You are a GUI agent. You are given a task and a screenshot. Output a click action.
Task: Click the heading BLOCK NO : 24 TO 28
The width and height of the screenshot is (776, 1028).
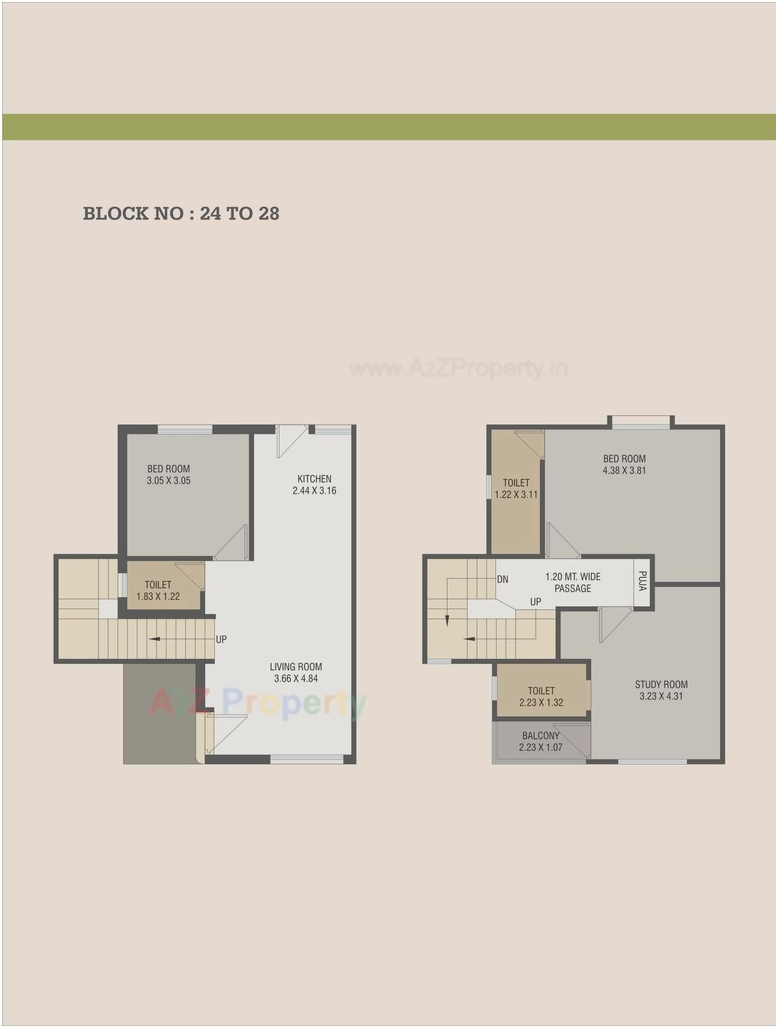(x=181, y=214)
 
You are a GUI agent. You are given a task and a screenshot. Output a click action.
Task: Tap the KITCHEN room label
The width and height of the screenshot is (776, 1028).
(x=314, y=479)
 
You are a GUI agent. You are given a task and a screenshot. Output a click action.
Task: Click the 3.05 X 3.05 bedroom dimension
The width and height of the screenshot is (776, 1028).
(x=169, y=481)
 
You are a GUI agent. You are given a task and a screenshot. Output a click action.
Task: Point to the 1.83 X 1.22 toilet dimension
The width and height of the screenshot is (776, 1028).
(x=158, y=597)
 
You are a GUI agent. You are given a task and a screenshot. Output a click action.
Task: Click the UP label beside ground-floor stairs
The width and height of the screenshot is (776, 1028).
(x=221, y=640)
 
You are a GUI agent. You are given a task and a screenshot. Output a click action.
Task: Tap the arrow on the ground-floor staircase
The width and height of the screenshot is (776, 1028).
(x=154, y=639)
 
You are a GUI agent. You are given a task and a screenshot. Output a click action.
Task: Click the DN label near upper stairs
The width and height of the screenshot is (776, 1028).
(x=502, y=580)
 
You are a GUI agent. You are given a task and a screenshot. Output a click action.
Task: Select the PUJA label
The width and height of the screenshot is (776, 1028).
(x=642, y=581)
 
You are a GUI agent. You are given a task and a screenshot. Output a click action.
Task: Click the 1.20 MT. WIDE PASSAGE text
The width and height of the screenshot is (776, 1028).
(x=573, y=583)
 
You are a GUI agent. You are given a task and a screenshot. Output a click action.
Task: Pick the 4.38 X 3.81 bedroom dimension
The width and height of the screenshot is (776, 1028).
(x=624, y=470)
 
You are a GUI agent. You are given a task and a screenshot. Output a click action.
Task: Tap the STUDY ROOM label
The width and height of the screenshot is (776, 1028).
(x=661, y=685)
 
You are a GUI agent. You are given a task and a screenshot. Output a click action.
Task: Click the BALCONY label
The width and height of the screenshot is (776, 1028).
(x=540, y=736)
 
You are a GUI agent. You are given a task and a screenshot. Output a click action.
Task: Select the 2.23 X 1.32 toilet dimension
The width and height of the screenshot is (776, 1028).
(x=541, y=703)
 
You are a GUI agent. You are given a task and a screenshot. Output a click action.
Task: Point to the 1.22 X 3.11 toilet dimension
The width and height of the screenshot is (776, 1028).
(x=516, y=495)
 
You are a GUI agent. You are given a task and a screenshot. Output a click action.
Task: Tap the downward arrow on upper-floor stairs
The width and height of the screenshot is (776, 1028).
(x=447, y=620)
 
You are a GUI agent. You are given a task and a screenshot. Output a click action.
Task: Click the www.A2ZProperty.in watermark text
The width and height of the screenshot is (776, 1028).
(x=458, y=370)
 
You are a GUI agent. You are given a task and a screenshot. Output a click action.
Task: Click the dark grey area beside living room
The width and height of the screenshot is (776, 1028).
(x=159, y=713)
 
